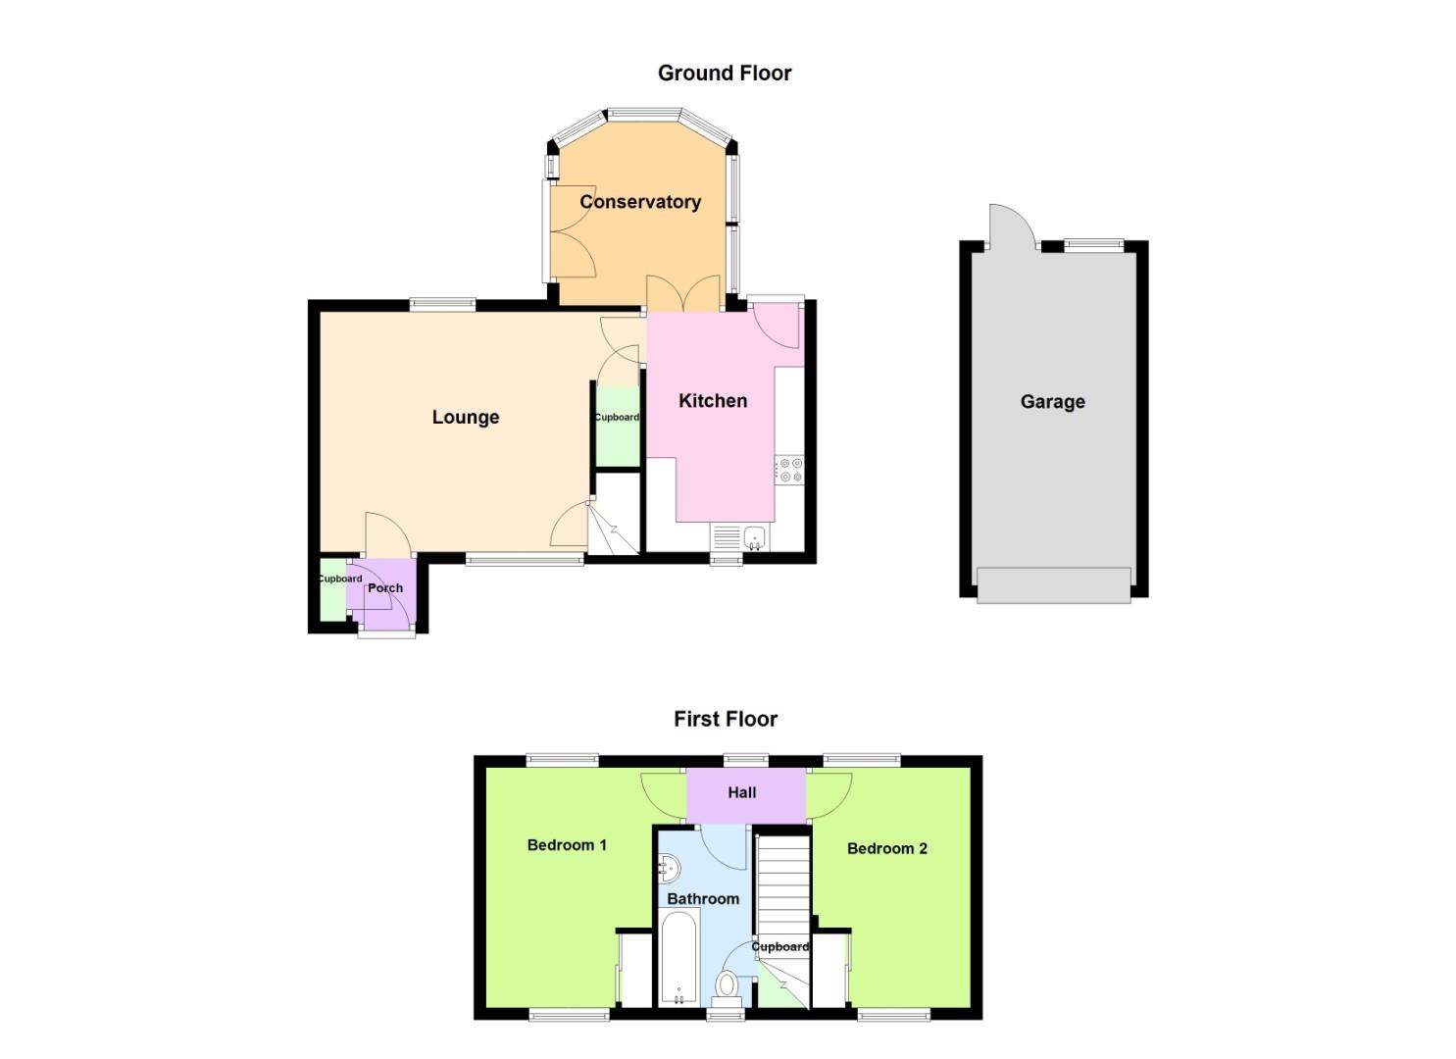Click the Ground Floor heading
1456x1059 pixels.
[724, 73]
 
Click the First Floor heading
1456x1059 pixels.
[725, 719]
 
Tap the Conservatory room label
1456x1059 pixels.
[639, 202]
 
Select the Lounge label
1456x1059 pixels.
[465, 417]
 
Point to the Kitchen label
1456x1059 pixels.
[712, 400]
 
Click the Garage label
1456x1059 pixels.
[1052, 401]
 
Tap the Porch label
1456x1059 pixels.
[385, 588]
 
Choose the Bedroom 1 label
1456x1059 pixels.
[567, 844]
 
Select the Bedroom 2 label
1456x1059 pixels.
[886, 848]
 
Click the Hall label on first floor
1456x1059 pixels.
[741, 792]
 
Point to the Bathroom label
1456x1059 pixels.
[702, 898]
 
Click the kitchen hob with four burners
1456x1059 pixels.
[789, 470]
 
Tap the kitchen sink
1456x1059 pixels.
[754, 536]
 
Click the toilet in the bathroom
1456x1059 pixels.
[727, 983]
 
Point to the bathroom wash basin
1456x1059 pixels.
[669, 868]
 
